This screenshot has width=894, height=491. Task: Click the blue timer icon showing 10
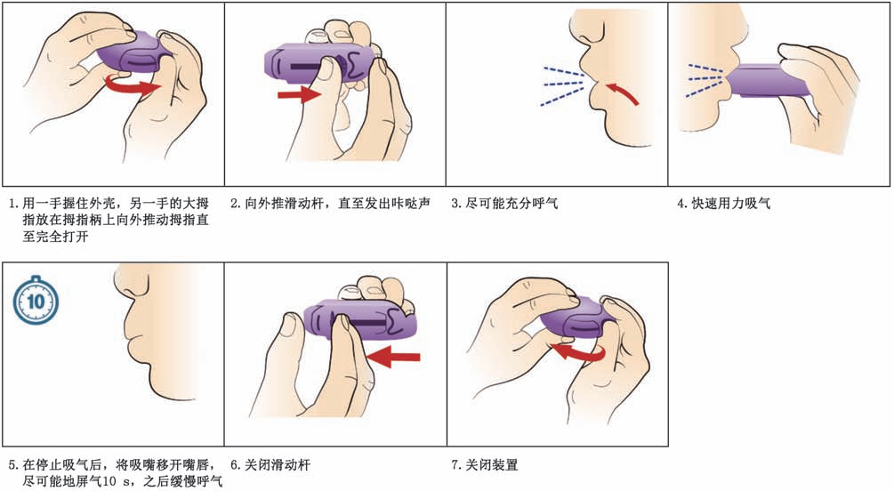click(36, 300)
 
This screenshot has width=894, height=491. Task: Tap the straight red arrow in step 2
click(300, 93)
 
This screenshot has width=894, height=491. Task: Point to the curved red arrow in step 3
click(623, 93)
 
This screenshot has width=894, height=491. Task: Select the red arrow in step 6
click(393, 357)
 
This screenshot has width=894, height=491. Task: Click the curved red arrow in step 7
click(579, 351)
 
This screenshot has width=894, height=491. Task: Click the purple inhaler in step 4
click(769, 80)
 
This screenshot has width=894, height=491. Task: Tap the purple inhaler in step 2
click(319, 63)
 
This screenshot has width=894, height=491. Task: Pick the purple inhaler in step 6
click(359, 320)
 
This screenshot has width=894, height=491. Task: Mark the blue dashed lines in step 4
click(705, 79)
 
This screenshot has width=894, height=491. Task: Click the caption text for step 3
click(504, 203)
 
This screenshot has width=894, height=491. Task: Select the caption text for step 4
click(723, 203)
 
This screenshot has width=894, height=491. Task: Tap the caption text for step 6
click(270, 465)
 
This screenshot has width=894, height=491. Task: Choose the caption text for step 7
click(485, 465)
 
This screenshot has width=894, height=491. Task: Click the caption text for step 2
click(330, 203)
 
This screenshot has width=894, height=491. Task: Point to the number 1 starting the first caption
click(12, 204)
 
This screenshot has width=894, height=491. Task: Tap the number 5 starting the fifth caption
click(12, 465)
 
